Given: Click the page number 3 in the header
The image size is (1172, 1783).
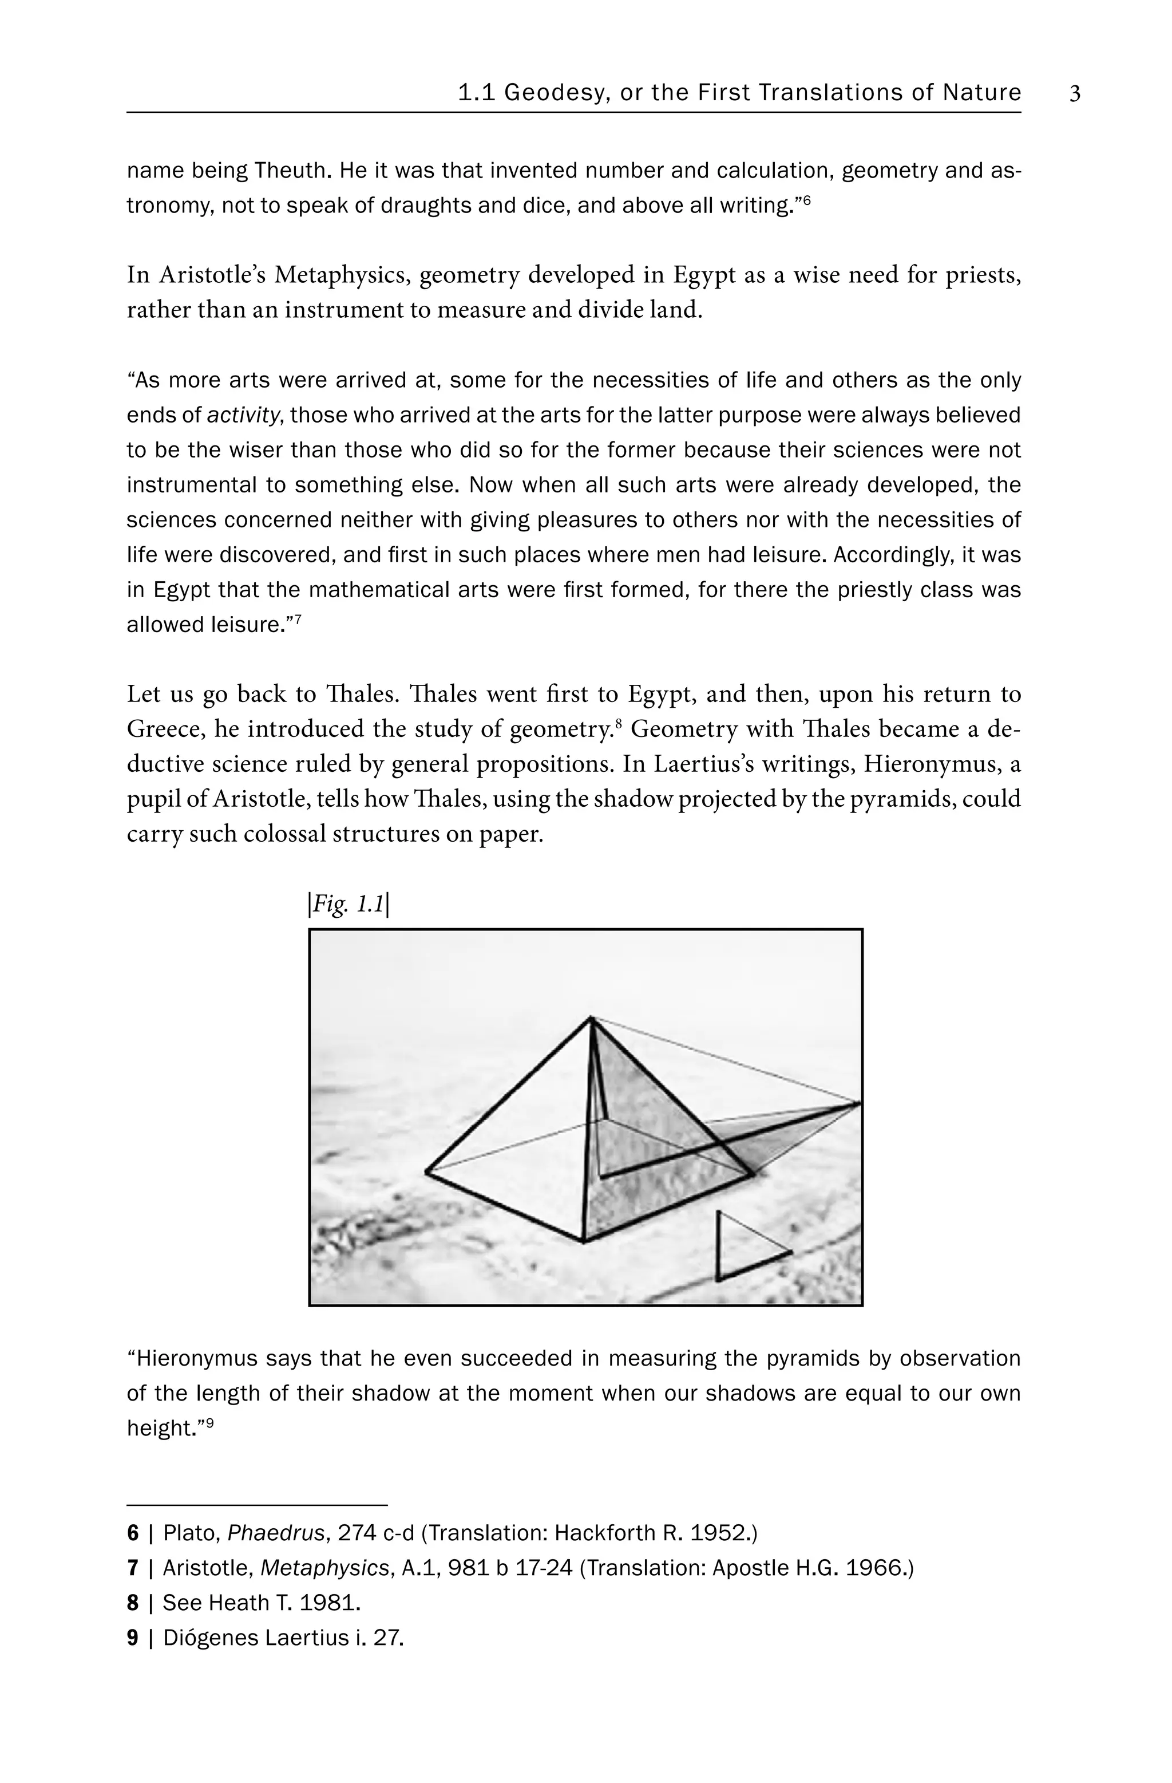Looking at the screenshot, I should tap(1075, 94).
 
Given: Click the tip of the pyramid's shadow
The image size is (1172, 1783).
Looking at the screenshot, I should tap(859, 1103).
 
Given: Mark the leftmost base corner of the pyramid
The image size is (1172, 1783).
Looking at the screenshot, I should tap(427, 1170).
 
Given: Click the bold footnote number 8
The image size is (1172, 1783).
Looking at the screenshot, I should tap(133, 1603).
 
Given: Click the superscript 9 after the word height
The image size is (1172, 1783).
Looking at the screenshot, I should tap(209, 1422).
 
